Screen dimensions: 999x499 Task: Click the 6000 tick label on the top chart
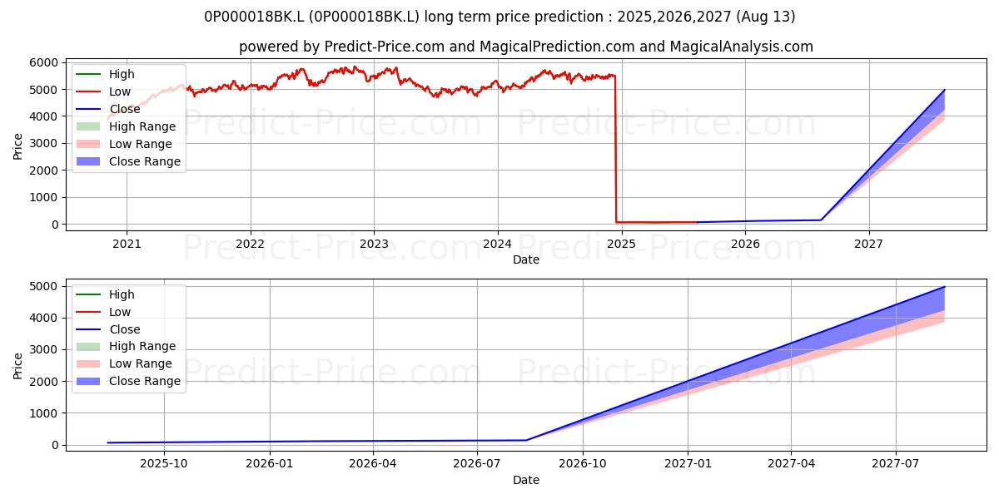point(43,63)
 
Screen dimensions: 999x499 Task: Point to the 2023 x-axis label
point(374,244)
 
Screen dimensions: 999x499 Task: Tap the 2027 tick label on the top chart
point(868,244)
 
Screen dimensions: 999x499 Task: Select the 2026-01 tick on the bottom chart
point(270,464)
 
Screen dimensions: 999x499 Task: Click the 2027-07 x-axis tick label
point(896,464)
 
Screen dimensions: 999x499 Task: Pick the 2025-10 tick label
point(164,464)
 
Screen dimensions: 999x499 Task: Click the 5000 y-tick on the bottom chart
point(43,286)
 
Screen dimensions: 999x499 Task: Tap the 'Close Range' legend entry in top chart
point(145,161)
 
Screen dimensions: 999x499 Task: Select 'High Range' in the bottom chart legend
point(142,346)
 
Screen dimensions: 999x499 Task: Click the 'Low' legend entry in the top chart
point(120,91)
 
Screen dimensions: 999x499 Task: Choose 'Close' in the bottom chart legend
point(124,329)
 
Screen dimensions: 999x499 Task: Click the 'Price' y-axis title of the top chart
point(17,146)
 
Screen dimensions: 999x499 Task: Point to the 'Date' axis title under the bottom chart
point(526,480)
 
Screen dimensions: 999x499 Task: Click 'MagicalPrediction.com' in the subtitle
point(557,47)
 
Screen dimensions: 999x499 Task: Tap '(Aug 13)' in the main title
point(765,17)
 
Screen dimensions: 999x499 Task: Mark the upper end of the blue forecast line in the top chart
point(944,90)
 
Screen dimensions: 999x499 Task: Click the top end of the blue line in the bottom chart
point(944,287)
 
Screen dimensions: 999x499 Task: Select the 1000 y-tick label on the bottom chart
point(43,413)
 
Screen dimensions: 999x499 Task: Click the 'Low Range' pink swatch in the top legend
point(88,144)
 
